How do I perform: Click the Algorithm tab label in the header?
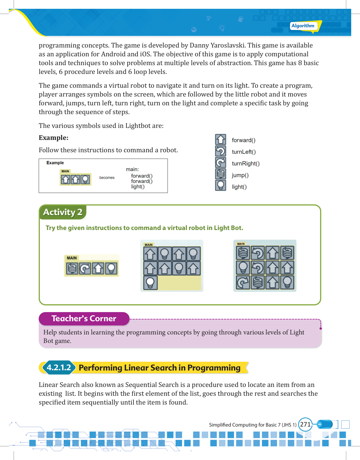303,26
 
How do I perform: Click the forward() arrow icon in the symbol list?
220,140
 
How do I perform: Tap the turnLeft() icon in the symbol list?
220,151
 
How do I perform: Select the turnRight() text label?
246,163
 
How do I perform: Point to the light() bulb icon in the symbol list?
220,185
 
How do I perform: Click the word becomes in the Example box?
107,177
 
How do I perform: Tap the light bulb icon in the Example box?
85,179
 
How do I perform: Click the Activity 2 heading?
63,212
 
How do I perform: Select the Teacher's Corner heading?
84,319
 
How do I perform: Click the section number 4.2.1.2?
59,368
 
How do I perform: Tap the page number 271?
305,425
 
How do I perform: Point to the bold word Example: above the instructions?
54,138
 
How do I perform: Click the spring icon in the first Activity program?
72,268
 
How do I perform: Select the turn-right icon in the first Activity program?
85,268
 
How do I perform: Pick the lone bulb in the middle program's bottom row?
150,283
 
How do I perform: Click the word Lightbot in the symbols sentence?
137,126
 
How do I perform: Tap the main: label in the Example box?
133,169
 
